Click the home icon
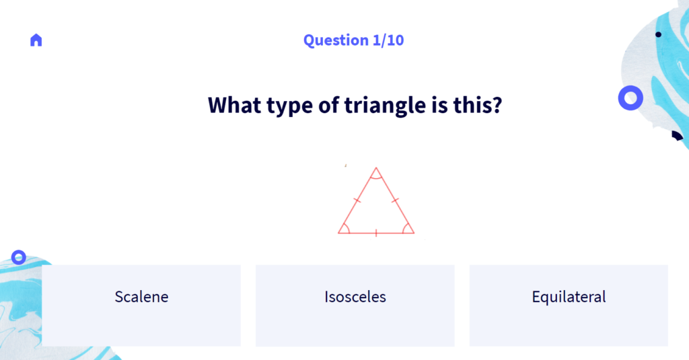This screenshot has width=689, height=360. (36, 40)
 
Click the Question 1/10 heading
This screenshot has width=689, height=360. (353, 40)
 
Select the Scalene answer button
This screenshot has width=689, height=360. (141, 305)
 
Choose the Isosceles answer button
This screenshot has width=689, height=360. (355, 305)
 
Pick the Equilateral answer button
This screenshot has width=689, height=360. (569, 305)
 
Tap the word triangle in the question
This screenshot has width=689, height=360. (385, 106)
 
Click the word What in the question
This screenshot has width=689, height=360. (234, 105)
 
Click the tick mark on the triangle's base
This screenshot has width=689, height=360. (376, 233)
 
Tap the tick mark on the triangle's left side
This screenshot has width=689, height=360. (357, 201)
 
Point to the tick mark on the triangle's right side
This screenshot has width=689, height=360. (395, 201)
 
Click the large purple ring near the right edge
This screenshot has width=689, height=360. (630, 89)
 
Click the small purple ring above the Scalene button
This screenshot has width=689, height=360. (18, 252)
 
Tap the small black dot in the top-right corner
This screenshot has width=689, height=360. (658, 35)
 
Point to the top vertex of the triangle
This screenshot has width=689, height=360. (376, 168)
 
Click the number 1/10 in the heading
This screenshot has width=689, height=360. (388, 40)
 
